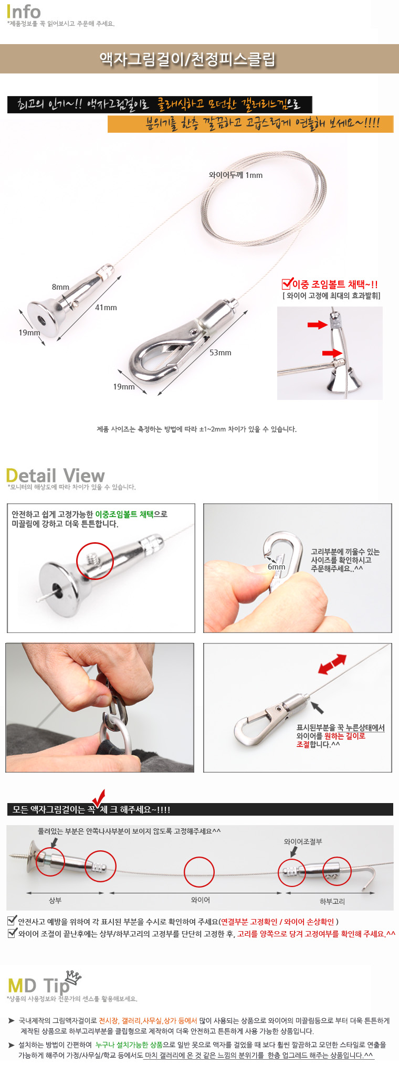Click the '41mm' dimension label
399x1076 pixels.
tap(106, 308)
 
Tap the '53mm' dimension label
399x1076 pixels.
tap(220, 353)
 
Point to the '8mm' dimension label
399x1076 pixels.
tap(60, 287)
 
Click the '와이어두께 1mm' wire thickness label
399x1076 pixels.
tap(236, 175)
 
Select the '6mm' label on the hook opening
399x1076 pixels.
tap(277, 567)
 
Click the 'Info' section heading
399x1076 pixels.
tap(24, 12)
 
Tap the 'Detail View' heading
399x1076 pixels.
tap(56, 476)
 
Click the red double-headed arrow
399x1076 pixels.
tap(332, 664)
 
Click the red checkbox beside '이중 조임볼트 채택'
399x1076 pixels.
tap(287, 284)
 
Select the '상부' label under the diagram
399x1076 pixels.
tap(55, 900)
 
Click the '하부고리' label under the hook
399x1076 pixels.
tap(332, 901)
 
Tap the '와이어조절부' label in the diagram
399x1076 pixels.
tap(303, 841)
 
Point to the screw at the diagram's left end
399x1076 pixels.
tap(23, 857)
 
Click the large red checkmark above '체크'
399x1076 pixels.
tap(98, 799)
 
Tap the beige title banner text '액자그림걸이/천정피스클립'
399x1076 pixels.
tap(187, 59)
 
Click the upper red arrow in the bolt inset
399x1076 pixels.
tap(318, 325)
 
